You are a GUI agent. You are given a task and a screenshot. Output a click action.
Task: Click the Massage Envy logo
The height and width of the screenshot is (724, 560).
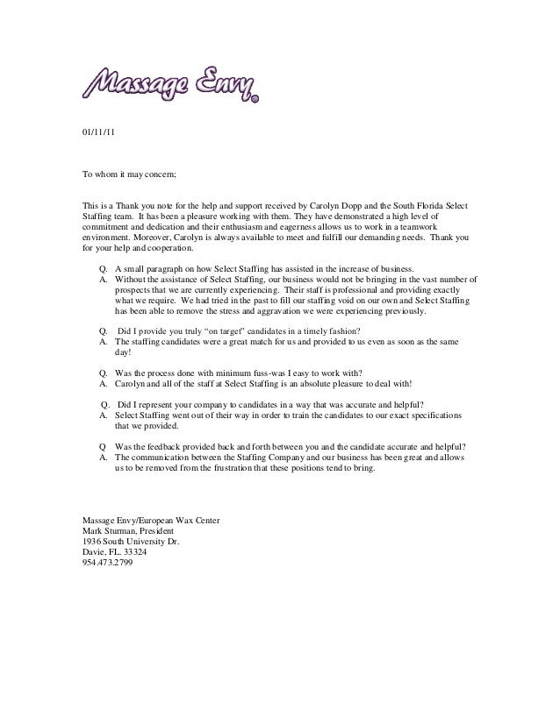pyautogui.click(x=170, y=84)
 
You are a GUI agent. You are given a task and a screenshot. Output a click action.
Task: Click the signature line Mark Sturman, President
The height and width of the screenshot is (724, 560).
pyautogui.click(x=127, y=531)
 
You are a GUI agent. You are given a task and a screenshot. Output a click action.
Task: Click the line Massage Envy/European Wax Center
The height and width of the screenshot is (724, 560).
pyautogui.click(x=150, y=521)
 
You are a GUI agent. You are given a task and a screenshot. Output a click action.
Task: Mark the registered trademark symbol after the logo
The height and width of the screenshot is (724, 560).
pyautogui.click(x=255, y=100)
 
